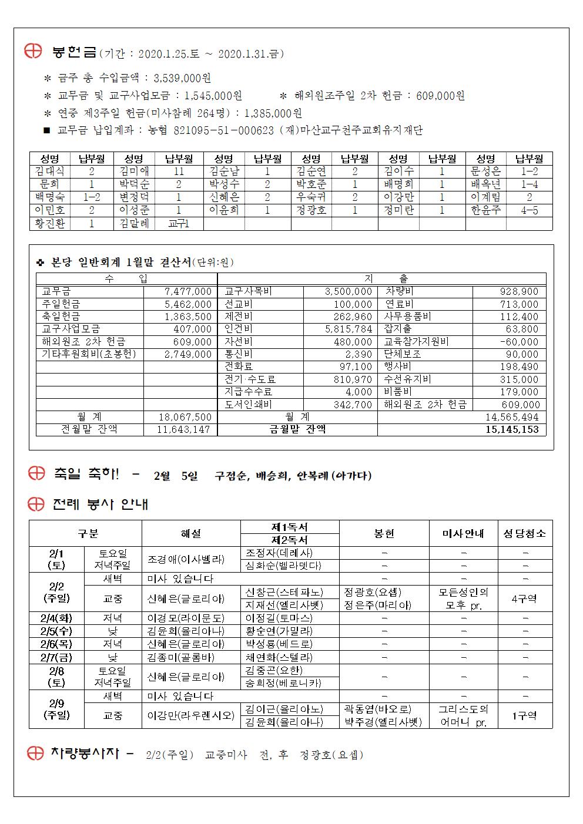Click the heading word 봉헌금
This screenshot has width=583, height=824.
tap(74, 53)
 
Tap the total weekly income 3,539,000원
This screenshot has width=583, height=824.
tap(182, 79)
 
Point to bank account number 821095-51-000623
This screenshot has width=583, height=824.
tap(224, 130)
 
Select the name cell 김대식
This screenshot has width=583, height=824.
tap(50, 171)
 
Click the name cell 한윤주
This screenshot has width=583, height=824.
tap(485, 210)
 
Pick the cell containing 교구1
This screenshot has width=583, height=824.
tap(179, 224)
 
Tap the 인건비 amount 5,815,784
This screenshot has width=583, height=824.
tap(349, 329)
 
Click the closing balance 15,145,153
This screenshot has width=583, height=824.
tap(512, 429)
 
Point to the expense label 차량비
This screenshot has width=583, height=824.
tap(400, 291)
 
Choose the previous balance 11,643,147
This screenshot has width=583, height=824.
tap(184, 429)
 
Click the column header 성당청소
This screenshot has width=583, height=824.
tap(525, 533)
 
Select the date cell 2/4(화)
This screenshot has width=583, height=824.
tap(56, 618)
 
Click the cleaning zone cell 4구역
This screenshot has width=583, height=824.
tap(525, 598)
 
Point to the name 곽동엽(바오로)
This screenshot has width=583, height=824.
tap(378, 709)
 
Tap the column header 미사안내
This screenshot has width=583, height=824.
tap(463, 533)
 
